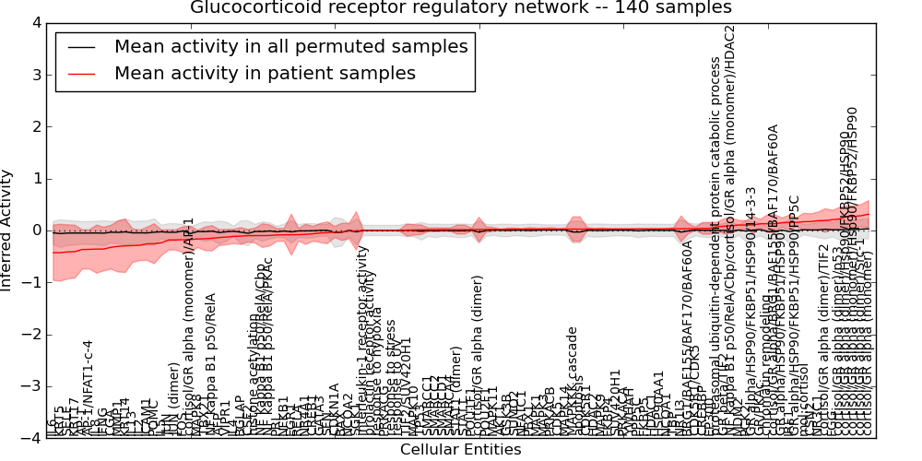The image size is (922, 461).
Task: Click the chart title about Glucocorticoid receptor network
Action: tap(461, 8)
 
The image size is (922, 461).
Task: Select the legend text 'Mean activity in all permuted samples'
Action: tap(290, 46)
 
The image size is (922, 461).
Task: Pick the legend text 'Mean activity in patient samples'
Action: tap(265, 73)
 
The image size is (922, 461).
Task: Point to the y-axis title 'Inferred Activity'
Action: tap(7, 230)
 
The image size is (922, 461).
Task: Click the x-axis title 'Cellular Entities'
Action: tap(460, 450)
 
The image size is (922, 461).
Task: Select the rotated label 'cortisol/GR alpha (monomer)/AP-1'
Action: tap(188, 327)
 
